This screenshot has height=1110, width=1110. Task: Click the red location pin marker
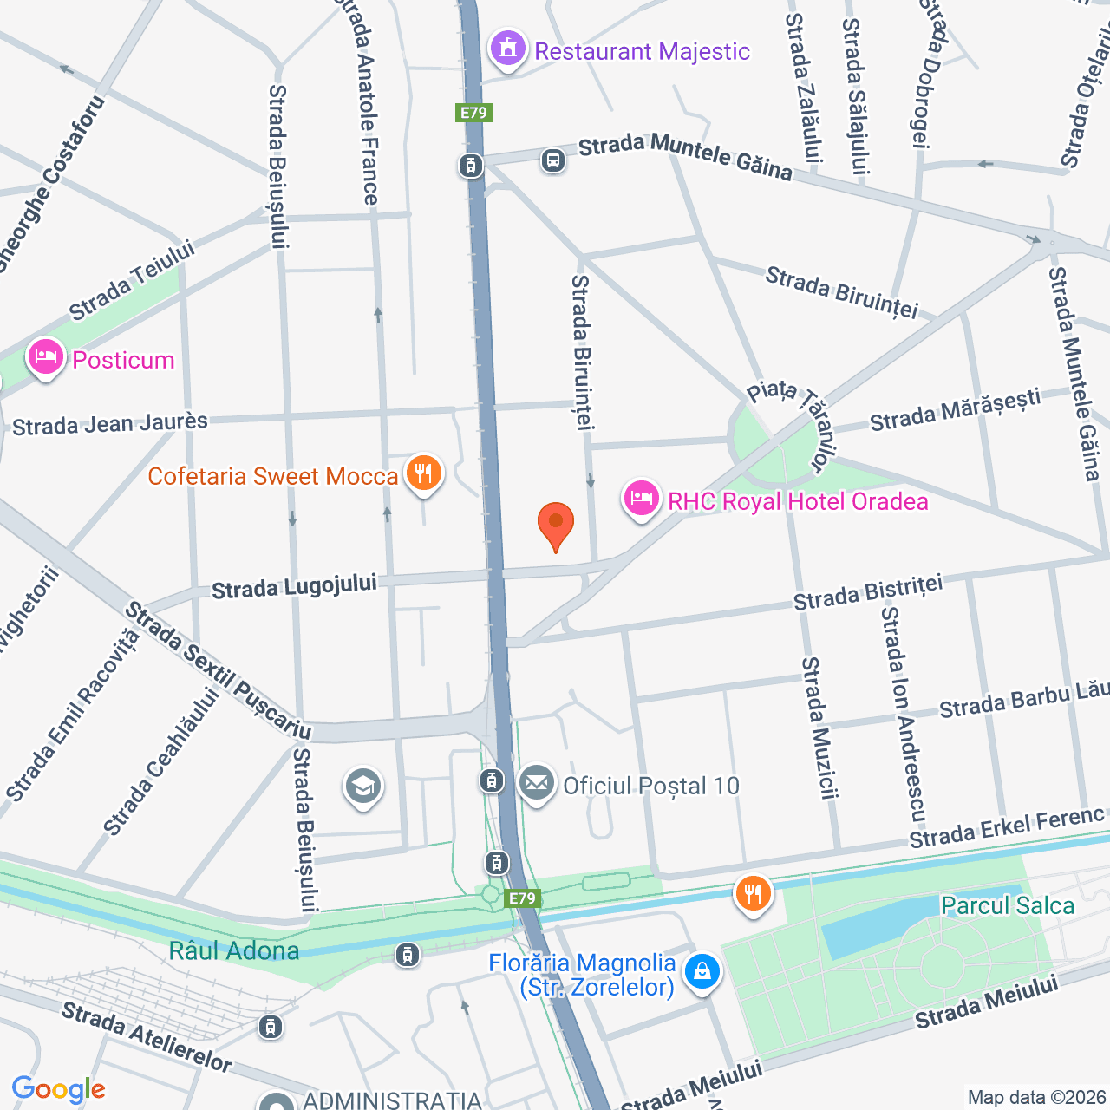(x=555, y=523)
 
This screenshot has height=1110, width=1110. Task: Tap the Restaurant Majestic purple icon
(x=508, y=49)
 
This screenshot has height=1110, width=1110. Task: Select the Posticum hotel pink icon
(x=45, y=357)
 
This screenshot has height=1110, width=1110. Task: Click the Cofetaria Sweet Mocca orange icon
(x=423, y=473)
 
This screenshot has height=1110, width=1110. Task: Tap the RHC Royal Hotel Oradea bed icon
(x=641, y=499)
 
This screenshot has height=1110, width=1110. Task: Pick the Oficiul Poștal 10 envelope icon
(x=537, y=783)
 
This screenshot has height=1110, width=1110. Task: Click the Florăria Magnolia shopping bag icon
(x=702, y=971)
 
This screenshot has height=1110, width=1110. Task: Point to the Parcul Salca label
(x=1007, y=906)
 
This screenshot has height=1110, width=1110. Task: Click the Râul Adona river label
(x=234, y=951)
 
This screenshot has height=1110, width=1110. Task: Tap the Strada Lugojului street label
(x=294, y=587)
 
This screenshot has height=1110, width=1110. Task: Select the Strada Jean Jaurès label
(x=110, y=424)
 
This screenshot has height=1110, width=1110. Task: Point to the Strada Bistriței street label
(x=868, y=593)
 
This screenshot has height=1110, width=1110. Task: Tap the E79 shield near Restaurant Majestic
(x=473, y=113)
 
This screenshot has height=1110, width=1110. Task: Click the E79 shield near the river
(x=522, y=898)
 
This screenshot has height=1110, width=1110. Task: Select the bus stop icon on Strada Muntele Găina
(x=553, y=160)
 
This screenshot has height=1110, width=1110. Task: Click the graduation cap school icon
(x=363, y=787)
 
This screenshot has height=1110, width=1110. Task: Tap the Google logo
(x=59, y=1089)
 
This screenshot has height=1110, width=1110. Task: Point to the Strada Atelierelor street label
(x=147, y=1037)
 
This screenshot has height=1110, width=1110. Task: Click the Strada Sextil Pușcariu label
(x=217, y=671)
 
